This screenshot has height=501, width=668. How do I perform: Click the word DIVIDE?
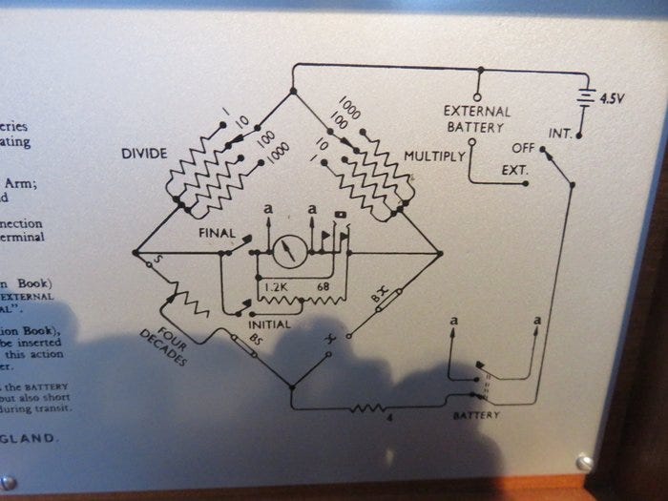point(144,153)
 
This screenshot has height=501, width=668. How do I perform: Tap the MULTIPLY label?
point(434,155)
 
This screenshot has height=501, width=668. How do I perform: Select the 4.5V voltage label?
point(611,97)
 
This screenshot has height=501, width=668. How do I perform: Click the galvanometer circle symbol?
point(288,253)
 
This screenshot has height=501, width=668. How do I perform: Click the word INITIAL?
point(269,324)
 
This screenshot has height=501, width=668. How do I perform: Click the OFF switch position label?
point(523,149)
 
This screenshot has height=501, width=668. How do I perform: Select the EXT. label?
point(515,171)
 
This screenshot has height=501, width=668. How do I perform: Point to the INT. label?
point(560,133)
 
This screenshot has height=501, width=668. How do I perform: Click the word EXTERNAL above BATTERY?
point(477,111)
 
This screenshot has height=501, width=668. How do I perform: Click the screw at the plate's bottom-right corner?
point(584,462)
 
